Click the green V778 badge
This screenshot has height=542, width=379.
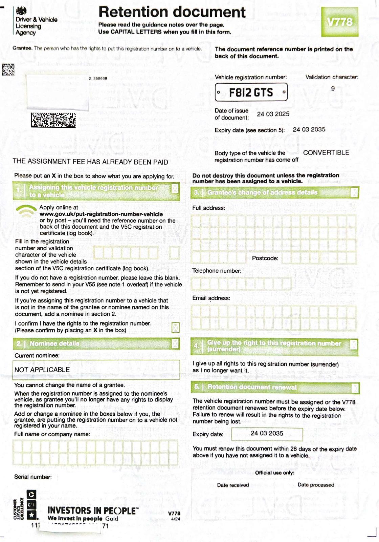[339, 22]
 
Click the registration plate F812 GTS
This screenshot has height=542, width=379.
[251, 92]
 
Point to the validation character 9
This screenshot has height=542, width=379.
[333, 89]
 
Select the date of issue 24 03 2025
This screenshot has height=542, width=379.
[273, 114]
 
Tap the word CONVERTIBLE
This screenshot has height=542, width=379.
[326, 153]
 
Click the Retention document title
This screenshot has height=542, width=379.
[172, 12]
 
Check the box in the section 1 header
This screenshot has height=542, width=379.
[175, 189]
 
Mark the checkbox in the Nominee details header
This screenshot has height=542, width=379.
[175, 343]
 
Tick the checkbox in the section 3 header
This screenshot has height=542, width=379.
[354, 193]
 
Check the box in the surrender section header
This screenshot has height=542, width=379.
[354, 345]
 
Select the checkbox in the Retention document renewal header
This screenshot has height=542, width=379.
[355, 388]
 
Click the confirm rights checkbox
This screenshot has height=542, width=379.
[176, 328]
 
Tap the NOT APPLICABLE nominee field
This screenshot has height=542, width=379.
[96, 370]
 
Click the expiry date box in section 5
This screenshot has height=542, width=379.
[267, 434]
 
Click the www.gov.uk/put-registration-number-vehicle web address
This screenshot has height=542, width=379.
[101, 214]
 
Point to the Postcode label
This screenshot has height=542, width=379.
[265, 258]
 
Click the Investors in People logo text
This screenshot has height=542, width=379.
[93, 511]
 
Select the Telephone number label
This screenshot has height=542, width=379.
[217, 271]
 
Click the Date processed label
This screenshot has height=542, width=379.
[316, 485]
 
